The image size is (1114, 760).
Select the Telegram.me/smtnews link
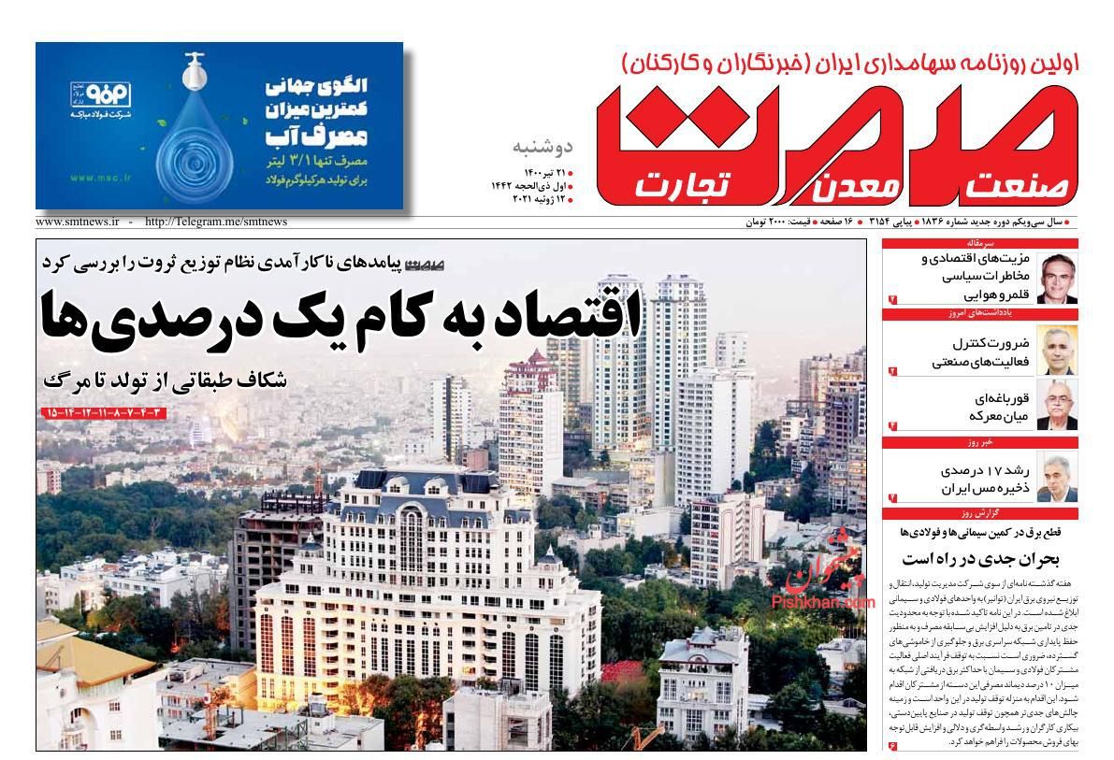[216, 222]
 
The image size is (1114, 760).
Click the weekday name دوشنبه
[543, 147]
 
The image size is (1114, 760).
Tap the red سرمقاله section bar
[980, 243]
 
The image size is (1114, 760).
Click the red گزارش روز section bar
[980, 513]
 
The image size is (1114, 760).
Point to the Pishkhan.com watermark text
[823, 603]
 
